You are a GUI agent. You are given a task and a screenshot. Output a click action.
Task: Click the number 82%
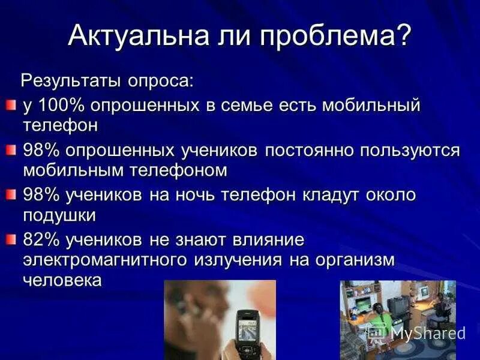pos(40,240)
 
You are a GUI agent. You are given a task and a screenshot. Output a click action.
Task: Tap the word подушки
pos(59,215)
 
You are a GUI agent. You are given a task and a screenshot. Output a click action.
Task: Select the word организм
pos(353,260)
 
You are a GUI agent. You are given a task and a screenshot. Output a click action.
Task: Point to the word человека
pos(62,280)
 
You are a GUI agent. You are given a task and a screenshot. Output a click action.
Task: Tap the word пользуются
pos(410,151)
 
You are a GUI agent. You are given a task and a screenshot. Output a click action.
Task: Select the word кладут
pos(343,195)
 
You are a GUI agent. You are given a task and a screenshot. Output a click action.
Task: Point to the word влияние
pos(271,240)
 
